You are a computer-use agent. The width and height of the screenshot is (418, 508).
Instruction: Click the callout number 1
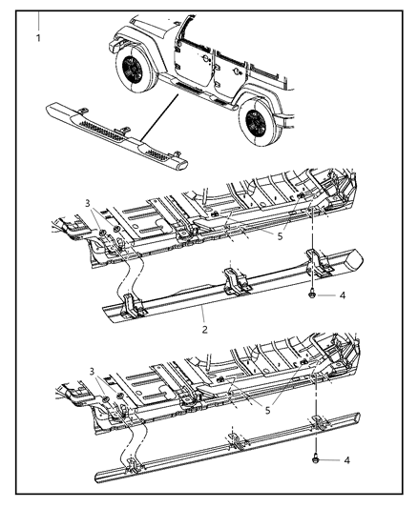37,39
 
